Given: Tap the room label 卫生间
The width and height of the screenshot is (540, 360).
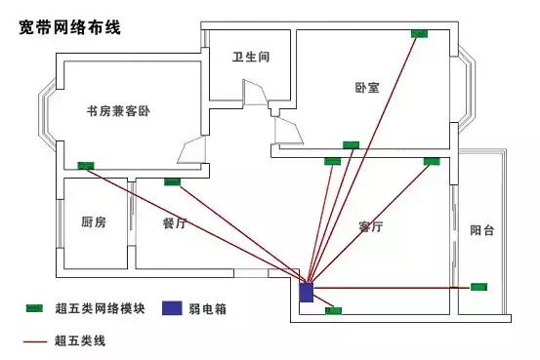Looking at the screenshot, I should coord(250,58).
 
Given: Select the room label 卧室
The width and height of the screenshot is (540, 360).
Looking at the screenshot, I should coord(367,87).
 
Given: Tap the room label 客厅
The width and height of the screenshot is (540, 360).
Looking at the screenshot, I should coord(370,226).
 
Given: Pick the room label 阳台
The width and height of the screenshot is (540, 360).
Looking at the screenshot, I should coord(481,231).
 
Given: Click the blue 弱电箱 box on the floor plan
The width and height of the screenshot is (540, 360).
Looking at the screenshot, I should coord(306,291).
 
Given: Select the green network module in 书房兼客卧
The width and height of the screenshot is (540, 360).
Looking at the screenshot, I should coord(86,165).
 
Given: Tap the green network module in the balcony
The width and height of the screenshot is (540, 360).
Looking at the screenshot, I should coord(478,286).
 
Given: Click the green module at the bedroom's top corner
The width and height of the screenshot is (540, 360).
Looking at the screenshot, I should coord(419,34).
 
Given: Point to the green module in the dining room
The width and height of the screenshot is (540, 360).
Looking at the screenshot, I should coord(174,180).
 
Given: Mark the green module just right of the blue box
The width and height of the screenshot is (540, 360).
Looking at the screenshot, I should coord(333,310).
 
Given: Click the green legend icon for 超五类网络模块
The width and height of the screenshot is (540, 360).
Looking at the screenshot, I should coord(35,308).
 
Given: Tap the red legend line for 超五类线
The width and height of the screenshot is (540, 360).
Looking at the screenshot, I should coord(35,340).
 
